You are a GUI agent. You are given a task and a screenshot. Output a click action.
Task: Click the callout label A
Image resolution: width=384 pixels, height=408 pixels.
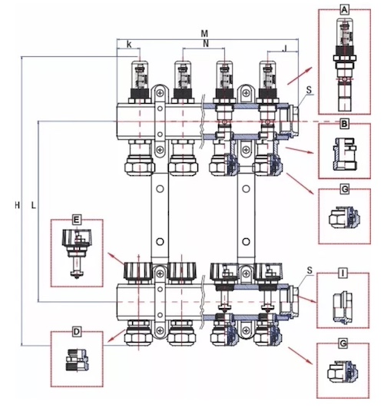click(344, 10)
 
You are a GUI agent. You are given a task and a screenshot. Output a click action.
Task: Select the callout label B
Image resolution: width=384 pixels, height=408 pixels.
click(344, 124)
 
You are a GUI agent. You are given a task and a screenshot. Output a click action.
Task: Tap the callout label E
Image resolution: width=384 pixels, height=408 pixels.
click(76, 220)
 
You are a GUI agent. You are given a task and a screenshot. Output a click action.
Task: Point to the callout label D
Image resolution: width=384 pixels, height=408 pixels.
click(77, 332)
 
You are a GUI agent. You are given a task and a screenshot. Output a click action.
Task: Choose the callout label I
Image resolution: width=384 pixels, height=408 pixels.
click(343, 274)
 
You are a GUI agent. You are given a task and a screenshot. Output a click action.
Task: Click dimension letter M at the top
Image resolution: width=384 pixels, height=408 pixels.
click(204, 34)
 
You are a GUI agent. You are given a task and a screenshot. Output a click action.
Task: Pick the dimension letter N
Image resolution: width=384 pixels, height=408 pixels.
click(206, 44)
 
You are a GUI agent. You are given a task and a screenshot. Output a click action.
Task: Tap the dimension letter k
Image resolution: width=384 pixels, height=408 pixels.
click(129, 45)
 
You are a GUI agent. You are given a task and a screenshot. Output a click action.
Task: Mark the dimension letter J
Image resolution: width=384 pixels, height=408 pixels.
click(285, 48)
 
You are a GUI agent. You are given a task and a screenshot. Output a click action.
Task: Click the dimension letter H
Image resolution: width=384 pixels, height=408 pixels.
click(17, 206)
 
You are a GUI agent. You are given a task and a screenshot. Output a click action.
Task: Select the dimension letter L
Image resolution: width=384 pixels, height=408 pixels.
click(33, 206)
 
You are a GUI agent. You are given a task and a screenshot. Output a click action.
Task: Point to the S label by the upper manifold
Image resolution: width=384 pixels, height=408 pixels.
click(309, 90)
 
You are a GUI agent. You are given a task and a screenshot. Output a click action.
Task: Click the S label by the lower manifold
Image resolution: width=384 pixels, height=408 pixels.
click(310, 270)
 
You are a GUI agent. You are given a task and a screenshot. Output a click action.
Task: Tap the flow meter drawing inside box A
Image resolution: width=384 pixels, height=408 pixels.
click(345, 65)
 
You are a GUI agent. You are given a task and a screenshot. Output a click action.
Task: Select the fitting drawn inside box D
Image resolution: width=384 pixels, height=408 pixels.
click(78, 360)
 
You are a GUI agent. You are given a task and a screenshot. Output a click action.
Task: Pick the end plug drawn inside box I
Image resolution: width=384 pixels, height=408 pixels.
click(343, 308)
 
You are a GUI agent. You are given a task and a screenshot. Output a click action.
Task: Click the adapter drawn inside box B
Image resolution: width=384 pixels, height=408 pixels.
click(345, 154)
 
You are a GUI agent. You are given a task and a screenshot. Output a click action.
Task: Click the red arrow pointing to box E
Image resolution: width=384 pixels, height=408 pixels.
click(117, 259)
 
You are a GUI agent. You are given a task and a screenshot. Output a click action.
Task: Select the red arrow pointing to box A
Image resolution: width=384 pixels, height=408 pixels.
click(300, 76)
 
